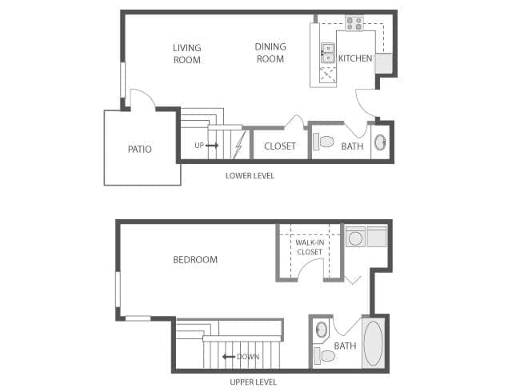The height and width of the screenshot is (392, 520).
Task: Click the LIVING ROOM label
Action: (x=186, y=54)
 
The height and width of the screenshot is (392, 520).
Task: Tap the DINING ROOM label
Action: (x=270, y=53)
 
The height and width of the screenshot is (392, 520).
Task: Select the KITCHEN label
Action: (x=355, y=58)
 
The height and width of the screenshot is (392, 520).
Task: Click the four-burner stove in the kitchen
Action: (x=354, y=23)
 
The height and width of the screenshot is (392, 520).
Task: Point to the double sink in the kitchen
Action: (x=327, y=54)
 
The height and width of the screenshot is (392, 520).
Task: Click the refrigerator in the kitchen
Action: (x=384, y=63)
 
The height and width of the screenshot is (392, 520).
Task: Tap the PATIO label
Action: (x=139, y=149)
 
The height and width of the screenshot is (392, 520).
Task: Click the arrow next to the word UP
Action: (x=212, y=146)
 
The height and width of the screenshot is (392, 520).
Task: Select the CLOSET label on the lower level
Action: (x=280, y=146)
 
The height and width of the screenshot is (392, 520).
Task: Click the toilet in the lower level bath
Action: (x=323, y=142)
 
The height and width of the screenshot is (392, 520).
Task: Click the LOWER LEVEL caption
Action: (x=250, y=175)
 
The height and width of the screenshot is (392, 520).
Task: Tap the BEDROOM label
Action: (x=195, y=260)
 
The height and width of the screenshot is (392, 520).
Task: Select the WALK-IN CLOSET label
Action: (x=309, y=246)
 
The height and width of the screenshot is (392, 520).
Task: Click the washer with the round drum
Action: (x=354, y=237)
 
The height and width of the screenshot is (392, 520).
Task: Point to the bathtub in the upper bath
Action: (x=374, y=343)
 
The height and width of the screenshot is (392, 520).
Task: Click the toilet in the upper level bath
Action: (x=325, y=354)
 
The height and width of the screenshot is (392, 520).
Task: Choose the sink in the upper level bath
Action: (x=321, y=329)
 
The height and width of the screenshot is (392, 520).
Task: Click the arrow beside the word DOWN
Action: (x=229, y=357)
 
